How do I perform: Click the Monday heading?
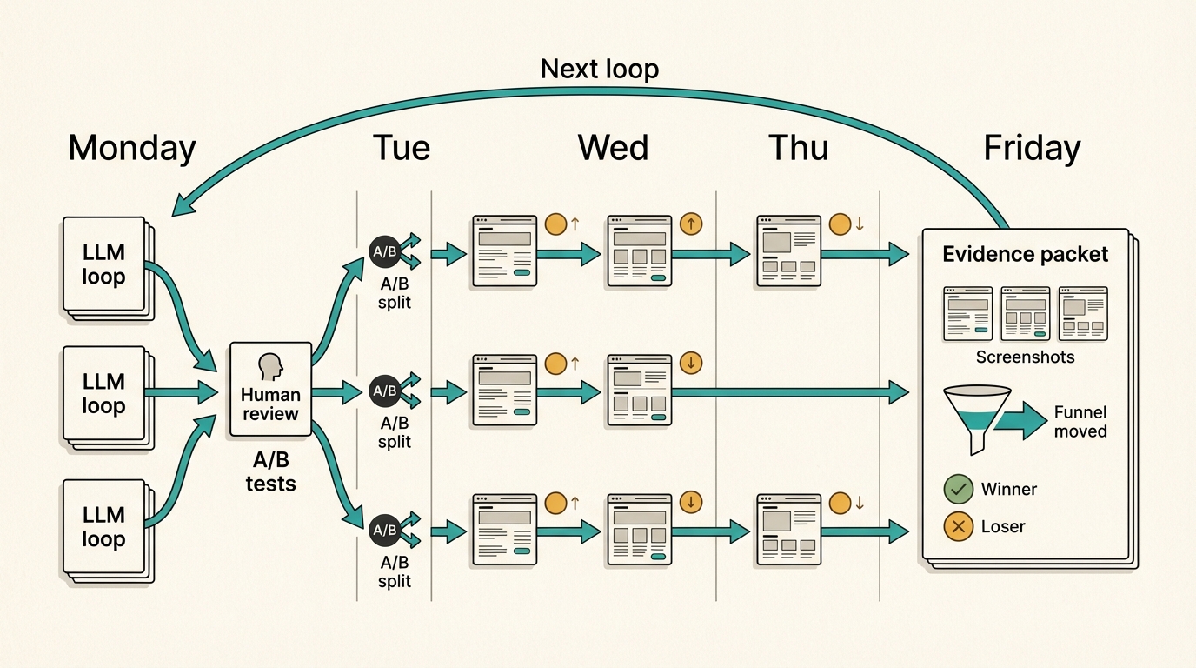coord(132,148)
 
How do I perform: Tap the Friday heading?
coord(1032,148)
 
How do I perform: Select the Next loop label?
coord(600,69)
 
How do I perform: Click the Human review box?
coord(270,389)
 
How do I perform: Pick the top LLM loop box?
coord(103,264)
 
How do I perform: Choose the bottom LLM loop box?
coord(103,526)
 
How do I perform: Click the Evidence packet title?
coord(1026,255)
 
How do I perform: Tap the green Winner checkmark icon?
coord(958,490)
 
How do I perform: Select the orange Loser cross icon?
coord(958,526)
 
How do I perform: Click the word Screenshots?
coord(1025,357)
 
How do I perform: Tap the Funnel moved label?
coord(1080,422)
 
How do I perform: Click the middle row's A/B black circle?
coord(384,391)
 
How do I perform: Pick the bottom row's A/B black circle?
coord(384,530)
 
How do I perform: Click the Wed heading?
coord(613,148)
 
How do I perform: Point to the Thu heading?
coord(798,148)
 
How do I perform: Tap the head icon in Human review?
coord(271,366)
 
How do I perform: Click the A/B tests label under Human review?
coord(270,472)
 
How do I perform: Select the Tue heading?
coord(401,148)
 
